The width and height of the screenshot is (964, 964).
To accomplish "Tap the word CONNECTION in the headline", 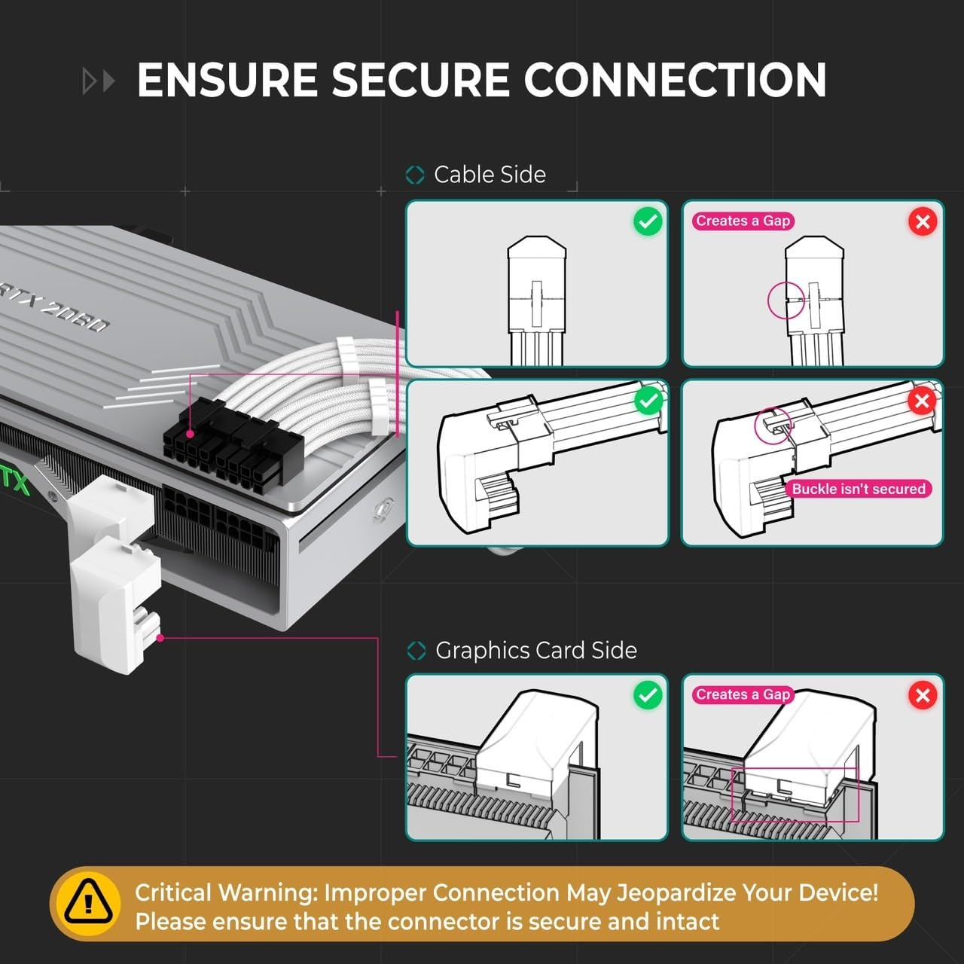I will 675,80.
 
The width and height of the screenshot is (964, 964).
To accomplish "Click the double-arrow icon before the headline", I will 99,81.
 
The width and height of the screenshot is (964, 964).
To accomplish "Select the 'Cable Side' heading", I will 490,175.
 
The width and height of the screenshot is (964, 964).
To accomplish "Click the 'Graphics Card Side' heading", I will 535,650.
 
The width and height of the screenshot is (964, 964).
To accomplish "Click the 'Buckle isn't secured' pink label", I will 858,489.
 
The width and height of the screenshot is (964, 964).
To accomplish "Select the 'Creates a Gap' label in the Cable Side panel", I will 743,221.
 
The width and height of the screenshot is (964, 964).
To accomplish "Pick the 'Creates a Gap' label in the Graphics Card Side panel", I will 743,694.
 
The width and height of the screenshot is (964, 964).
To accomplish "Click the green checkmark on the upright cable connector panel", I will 648,221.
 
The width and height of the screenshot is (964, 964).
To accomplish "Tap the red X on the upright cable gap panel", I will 923,221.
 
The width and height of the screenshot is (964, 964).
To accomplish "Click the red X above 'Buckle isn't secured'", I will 922,401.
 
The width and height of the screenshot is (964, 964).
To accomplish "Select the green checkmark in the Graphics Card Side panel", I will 648,695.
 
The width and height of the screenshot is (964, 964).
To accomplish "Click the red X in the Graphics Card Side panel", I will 923,695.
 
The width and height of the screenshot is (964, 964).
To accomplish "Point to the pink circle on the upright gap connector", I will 786,299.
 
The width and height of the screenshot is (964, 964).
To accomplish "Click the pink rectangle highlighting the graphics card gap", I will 795,795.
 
